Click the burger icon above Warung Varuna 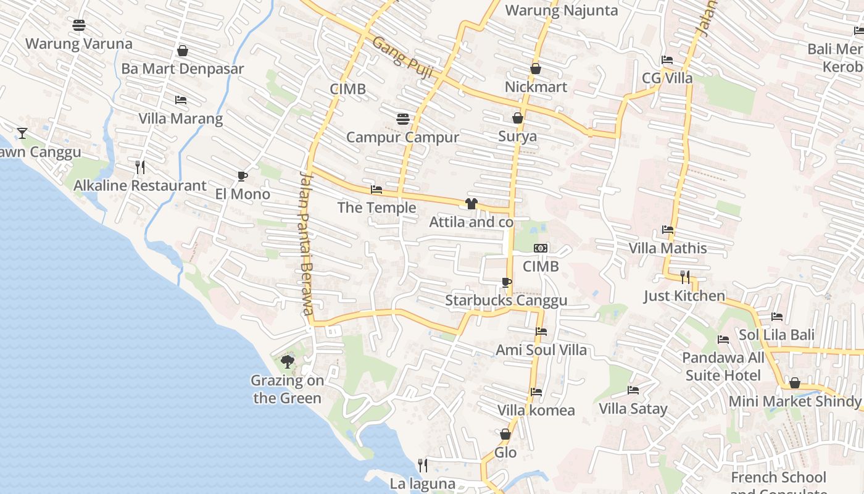tap(79, 25)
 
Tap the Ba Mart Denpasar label tap(183, 69)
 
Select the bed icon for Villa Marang tap(180, 99)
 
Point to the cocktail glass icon tap(22, 133)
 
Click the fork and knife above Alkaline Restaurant tap(140, 167)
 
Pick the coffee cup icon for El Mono tap(243, 176)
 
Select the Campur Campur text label tap(402, 137)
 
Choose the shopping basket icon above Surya tap(517, 118)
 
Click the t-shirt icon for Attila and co tap(471, 204)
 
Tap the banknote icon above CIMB tap(541, 248)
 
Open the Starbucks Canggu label tap(506, 301)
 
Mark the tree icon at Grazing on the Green tap(287, 361)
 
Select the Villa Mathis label tap(668, 248)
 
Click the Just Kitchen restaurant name tap(684, 296)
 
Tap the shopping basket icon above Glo tap(505, 434)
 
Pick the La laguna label tap(423, 484)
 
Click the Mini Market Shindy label tap(795, 401)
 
